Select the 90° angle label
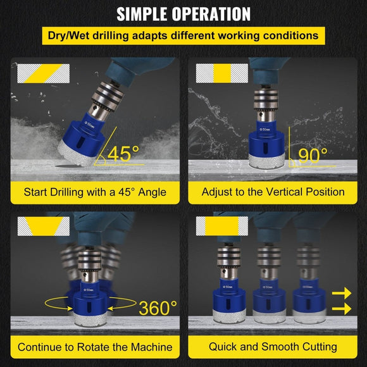tap(313, 155)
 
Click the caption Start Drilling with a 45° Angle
tap(95, 191)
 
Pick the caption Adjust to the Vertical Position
tap(273, 191)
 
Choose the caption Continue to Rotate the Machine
tap(95, 346)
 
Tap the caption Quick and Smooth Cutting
tap(273, 346)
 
